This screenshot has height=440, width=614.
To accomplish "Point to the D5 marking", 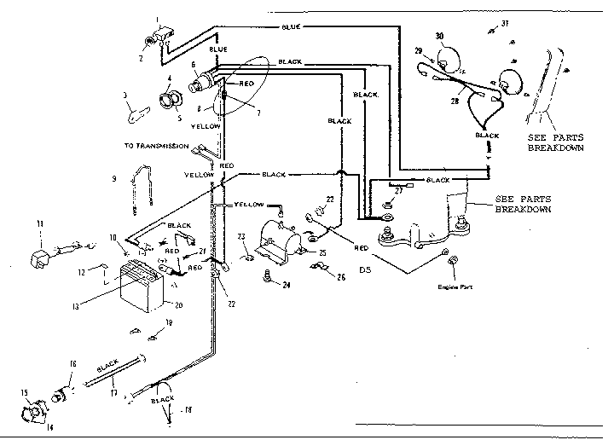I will tap(366, 270).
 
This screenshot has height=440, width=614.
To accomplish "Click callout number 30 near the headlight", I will tap(440, 37).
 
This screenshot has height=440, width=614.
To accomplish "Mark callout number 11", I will tap(38, 224).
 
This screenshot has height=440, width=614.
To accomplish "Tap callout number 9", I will tap(113, 179).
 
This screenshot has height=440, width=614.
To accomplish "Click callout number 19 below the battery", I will tap(169, 322).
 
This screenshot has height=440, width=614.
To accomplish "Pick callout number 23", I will tap(241, 236).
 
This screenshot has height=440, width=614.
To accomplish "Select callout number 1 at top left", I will tap(157, 18).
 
